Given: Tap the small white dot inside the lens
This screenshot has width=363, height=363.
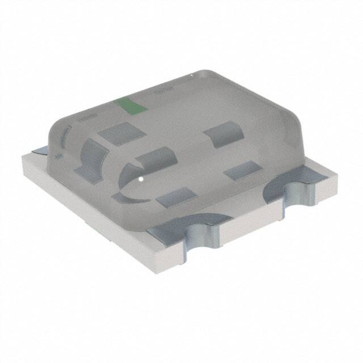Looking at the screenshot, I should pyautogui.click(x=140, y=181).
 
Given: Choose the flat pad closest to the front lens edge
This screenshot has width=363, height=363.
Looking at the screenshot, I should pyautogui.click(x=175, y=198).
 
